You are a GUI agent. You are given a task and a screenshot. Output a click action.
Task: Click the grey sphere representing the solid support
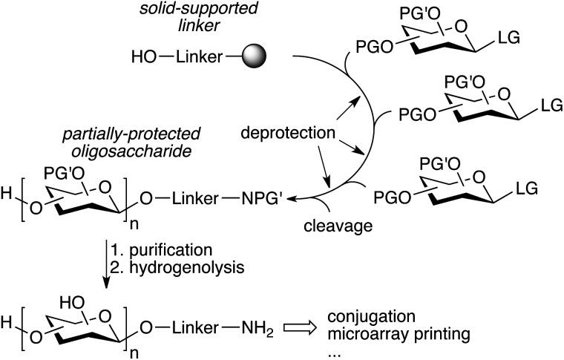[255, 56]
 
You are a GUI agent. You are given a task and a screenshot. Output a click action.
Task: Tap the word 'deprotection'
[288, 133]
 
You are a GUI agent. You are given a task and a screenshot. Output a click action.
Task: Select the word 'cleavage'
[338, 226]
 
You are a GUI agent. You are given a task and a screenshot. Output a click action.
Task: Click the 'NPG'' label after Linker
[260, 198]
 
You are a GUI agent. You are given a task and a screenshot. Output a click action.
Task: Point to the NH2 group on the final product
[258, 328]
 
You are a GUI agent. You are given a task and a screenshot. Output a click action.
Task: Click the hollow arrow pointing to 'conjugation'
[300, 328]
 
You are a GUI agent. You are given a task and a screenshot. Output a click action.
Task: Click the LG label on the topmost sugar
[509, 37]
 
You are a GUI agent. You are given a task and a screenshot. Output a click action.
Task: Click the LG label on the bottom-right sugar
[527, 189]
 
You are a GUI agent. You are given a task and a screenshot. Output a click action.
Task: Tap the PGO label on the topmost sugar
[375, 47]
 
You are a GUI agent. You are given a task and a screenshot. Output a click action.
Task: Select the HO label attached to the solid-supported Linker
[144, 56]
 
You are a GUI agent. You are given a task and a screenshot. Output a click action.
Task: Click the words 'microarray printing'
[399, 334]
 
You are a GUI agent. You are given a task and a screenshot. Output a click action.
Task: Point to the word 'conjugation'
[372, 317]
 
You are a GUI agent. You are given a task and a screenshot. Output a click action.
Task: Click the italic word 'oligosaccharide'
[131, 151]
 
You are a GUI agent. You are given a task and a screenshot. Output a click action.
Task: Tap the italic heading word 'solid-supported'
[199, 8]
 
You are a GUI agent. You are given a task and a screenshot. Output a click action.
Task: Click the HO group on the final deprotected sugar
[72, 303]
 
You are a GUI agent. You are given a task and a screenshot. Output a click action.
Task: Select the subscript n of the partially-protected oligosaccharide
[134, 225]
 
